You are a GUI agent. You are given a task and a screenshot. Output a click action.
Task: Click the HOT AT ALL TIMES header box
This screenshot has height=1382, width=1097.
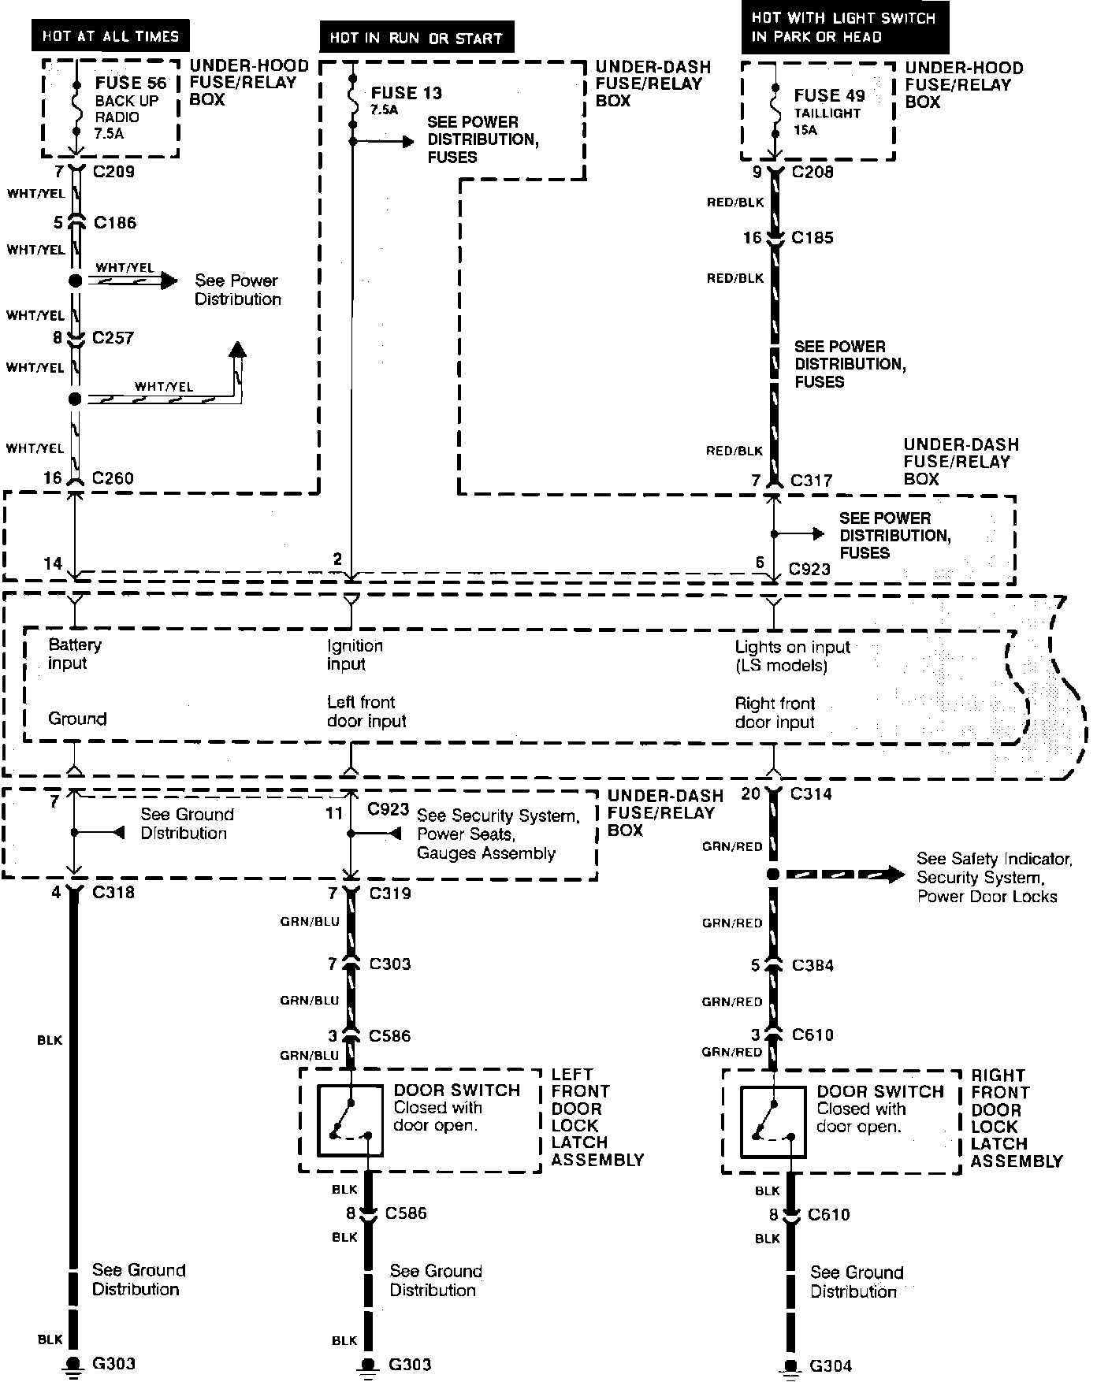(110, 36)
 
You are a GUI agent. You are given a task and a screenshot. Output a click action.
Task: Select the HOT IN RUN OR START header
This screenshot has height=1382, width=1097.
(415, 38)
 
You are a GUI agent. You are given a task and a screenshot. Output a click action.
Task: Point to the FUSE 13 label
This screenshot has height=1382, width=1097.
(406, 93)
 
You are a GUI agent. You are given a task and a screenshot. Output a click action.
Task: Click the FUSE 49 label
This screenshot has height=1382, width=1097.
(829, 96)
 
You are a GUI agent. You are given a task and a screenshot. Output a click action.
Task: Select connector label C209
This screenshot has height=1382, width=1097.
(114, 172)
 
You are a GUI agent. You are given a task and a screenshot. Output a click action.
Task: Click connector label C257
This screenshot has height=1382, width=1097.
(113, 338)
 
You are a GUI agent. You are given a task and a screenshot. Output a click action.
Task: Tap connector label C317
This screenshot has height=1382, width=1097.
(811, 480)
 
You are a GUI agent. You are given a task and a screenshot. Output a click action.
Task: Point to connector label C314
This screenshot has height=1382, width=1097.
(811, 793)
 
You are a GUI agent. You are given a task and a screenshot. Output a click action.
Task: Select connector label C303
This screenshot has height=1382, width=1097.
(389, 964)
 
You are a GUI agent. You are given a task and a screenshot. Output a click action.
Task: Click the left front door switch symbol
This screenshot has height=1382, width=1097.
(351, 1120)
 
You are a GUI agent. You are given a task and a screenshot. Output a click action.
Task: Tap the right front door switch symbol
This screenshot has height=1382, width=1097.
(773, 1121)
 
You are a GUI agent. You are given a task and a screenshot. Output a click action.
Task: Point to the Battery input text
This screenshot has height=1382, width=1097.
(74, 654)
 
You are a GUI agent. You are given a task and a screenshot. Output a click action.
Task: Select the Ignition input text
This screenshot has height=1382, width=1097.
(355, 655)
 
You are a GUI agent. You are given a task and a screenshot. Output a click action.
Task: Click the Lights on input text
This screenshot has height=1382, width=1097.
(792, 656)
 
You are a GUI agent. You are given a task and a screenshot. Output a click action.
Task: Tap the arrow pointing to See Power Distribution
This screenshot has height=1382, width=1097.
(167, 280)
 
